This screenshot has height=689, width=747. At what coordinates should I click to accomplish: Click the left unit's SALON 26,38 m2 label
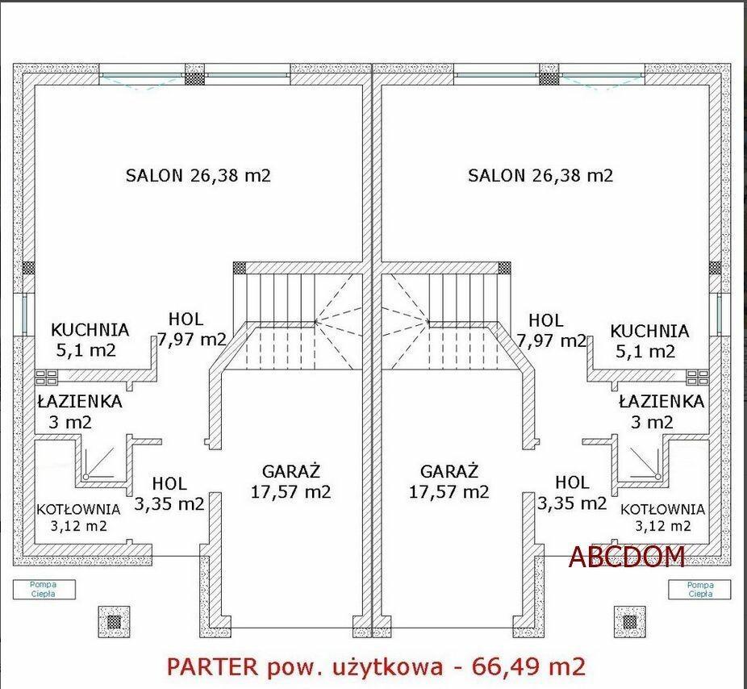[198, 175]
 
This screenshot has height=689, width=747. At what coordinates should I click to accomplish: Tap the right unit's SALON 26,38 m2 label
[540, 175]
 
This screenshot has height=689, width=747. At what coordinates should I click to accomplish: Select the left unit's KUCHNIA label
[90, 330]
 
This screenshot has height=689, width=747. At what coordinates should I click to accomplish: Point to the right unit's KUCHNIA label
[650, 331]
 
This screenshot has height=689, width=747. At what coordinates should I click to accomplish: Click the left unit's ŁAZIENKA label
[80, 401]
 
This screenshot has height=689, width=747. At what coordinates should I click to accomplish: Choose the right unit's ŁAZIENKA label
[661, 401]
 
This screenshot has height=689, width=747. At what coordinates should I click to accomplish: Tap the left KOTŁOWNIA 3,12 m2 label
[78, 517]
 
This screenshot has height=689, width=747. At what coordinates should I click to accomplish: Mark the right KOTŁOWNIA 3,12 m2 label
[662, 517]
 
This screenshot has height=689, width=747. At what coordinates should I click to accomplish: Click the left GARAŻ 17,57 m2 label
[290, 482]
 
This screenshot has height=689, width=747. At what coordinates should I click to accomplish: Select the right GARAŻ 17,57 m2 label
[449, 482]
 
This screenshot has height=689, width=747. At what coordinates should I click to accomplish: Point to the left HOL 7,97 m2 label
[191, 329]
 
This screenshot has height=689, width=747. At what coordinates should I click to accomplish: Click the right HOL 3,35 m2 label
[572, 493]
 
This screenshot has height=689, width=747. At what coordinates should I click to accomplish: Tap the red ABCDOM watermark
[627, 557]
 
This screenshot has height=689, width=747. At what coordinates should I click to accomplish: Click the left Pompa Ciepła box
[44, 590]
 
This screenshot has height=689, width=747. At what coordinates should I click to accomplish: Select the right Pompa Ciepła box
[699, 590]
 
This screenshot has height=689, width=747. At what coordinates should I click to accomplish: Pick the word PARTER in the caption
[212, 666]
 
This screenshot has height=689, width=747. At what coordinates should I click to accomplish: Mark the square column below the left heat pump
[114, 622]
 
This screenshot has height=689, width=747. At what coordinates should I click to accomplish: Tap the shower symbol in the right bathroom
[645, 463]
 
